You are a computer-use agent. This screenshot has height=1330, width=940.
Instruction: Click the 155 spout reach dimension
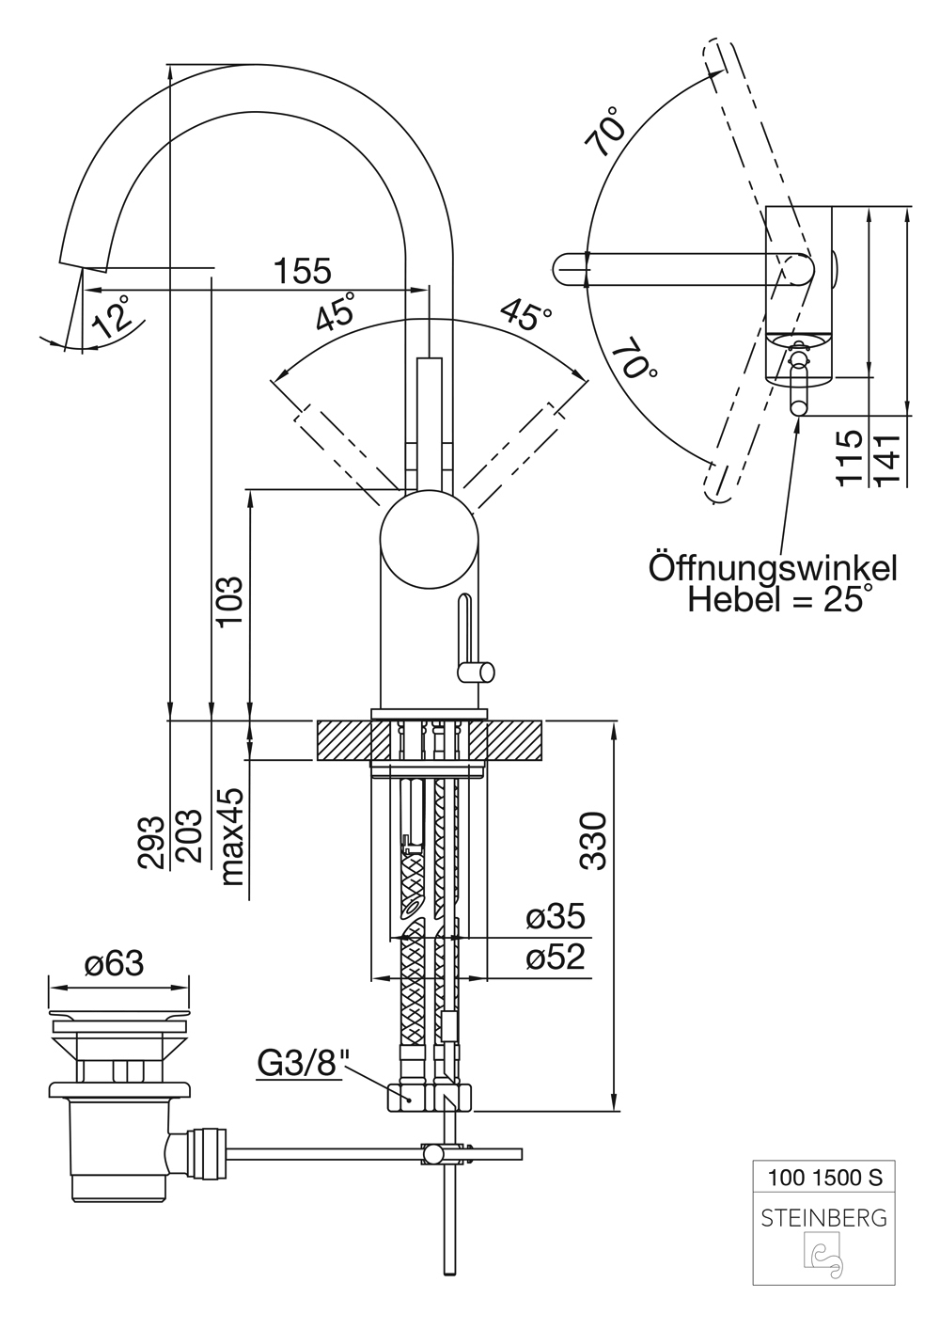[303, 271]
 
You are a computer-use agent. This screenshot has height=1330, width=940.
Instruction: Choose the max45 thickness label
[231, 836]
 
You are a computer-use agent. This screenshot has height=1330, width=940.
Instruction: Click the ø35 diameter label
[555, 916]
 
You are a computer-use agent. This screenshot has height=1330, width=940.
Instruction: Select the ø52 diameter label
[555, 958]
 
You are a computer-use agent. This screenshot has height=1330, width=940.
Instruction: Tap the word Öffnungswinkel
[773, 568]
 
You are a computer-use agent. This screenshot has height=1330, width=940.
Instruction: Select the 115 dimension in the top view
[850, 457]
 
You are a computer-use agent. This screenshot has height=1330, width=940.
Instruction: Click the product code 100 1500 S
[824, 1176]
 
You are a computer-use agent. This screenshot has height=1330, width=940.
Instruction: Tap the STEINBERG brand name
[823, 1218]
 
